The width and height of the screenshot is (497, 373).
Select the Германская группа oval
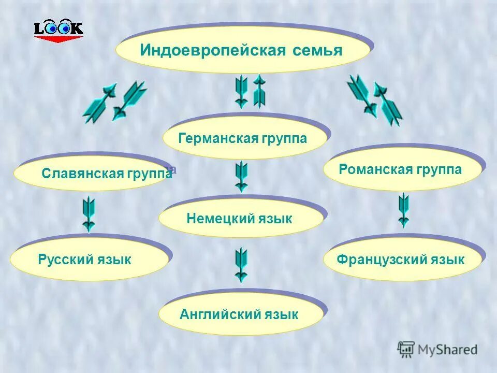tap(244, 138)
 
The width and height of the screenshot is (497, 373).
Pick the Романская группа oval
tap(402, 169)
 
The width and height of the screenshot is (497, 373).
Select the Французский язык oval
tap(402, 259)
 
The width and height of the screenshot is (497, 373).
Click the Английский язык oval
tap(240, 314)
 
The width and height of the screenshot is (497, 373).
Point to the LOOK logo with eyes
tap(58, 31)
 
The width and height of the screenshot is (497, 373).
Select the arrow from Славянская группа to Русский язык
tap(89, 213)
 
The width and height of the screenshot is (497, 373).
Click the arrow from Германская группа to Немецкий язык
tap(241, 176)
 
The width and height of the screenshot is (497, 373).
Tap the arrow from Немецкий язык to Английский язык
tap(241, 265)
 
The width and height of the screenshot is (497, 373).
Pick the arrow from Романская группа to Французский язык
tap(403, 210)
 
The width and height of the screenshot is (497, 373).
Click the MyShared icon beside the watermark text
tap(406, 350)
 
